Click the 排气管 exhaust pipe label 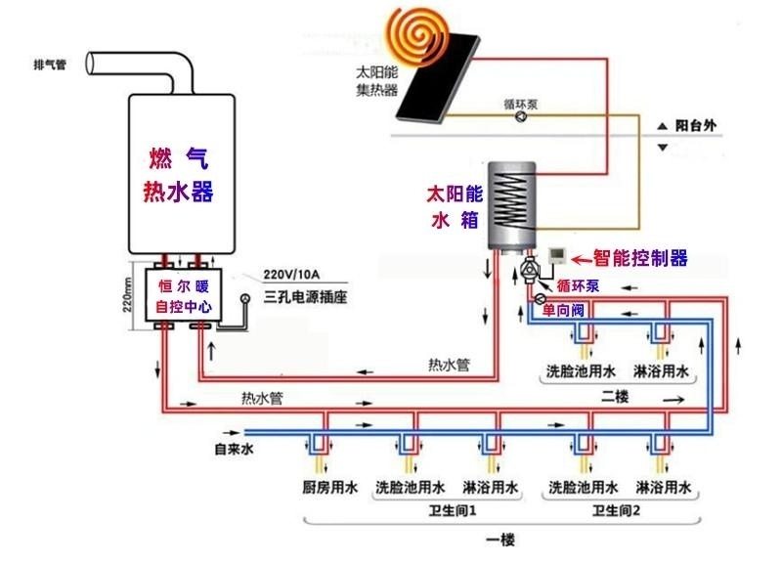pos(50,66)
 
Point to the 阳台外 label pos(695,125)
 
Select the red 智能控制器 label pos(640,258)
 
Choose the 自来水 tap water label pos(234,450)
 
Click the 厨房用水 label pos(328,486)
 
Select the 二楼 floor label pos(615,396)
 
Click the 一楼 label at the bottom pos(500,540)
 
